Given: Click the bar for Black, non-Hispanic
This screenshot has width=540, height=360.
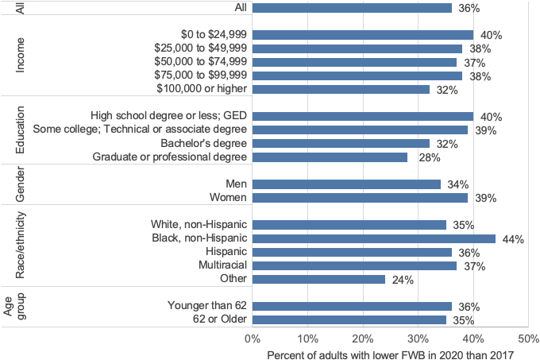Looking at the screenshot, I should (373, 238).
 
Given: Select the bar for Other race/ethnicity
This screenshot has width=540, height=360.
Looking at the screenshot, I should (318, 279).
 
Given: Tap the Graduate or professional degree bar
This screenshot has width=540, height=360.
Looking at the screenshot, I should (330, 157).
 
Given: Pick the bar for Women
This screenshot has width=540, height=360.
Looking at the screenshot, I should (360, 198).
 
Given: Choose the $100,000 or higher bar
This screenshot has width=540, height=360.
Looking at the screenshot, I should (341, 90).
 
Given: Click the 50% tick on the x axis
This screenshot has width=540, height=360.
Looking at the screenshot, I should (527, 339).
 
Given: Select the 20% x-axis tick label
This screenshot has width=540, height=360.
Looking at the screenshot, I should (363, 339).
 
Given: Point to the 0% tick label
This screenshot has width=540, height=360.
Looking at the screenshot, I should (253, 339).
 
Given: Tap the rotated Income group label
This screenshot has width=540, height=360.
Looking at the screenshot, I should (21, 56).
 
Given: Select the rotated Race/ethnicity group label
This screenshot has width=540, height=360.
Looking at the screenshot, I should (21, 245).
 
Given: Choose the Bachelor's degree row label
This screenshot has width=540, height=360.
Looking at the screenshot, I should (205, 144).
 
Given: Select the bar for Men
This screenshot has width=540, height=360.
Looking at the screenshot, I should (346, 184).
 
